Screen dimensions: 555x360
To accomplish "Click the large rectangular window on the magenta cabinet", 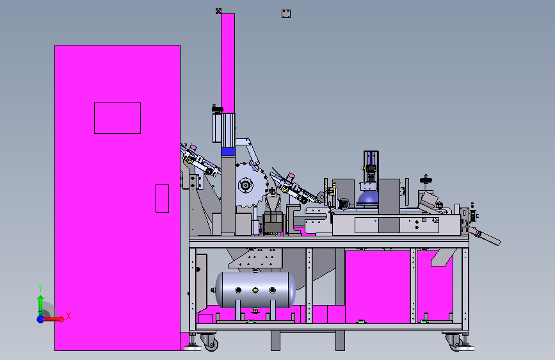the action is click(117, 118).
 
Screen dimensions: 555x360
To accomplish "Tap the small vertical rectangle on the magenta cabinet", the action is click(162, 199).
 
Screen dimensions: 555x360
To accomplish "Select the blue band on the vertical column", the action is click(228, 152).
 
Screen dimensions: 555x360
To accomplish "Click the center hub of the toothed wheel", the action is click(245, 185).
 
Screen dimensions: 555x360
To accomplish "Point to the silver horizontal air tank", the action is click(255, 290).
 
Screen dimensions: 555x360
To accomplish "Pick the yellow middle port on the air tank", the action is click(255, 290).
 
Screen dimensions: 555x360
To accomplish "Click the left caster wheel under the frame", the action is click(210, 342).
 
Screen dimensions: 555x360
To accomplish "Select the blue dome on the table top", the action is click(367, 198).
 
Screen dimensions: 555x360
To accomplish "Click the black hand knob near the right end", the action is click(426, 180).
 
